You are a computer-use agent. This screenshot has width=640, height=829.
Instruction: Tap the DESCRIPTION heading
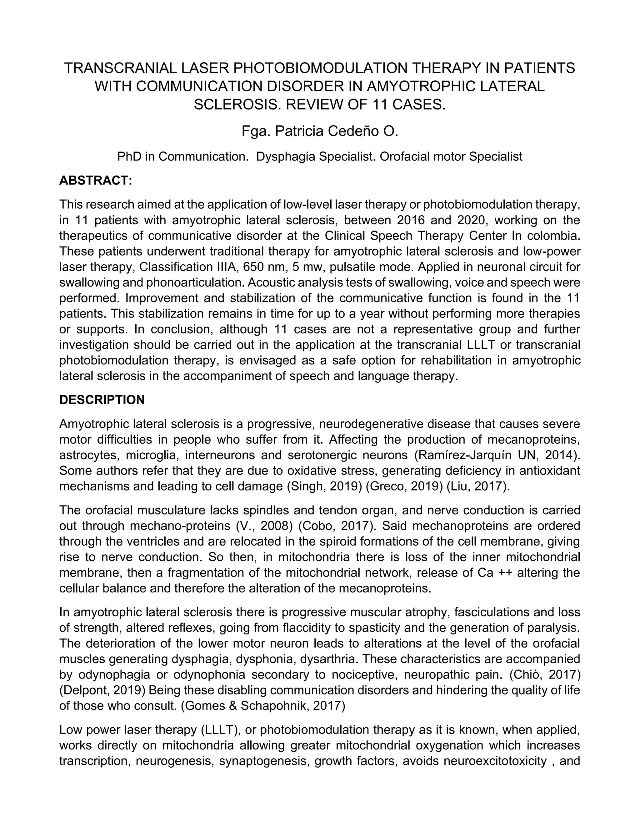(x=102, y=400)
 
